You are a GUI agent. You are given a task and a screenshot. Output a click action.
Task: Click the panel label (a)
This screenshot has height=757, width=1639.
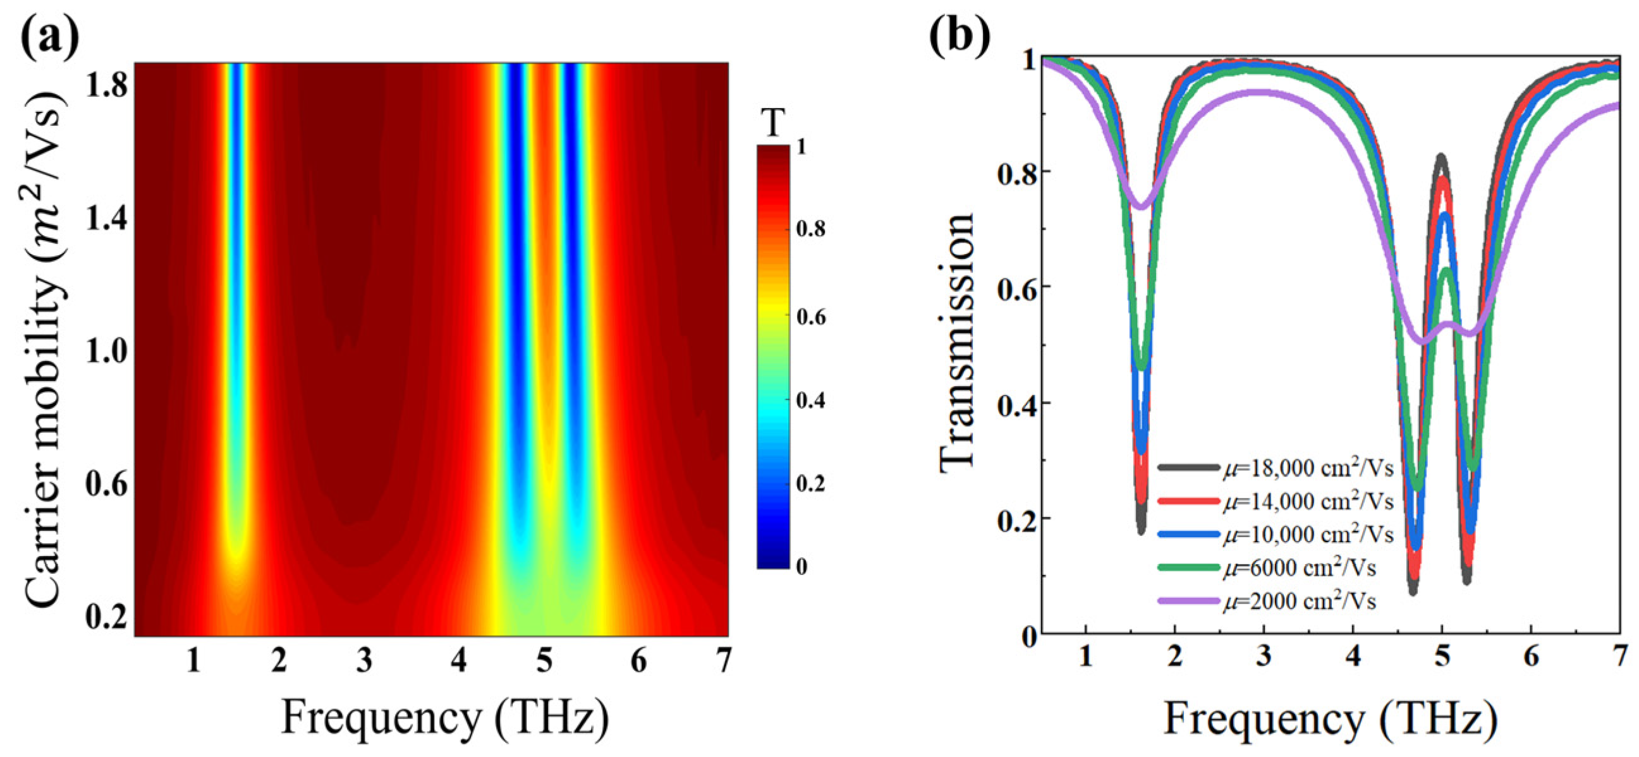[x=51, y=37]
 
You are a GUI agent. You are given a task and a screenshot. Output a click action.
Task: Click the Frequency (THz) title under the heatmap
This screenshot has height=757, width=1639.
[x=446, y=718]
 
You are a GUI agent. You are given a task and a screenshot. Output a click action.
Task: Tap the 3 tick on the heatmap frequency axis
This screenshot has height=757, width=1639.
[x=364, y=662]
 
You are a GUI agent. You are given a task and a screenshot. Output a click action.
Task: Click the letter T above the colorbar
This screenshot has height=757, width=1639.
[x=773, y=123]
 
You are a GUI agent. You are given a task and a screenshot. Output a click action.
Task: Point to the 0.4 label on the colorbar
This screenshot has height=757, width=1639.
[x=810, y=400]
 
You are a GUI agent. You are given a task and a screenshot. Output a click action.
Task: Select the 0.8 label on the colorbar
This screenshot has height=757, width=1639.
[x=810, y=228]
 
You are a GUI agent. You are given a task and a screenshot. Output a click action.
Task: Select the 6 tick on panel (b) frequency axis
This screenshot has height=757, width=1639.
[x=1531, y=655]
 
